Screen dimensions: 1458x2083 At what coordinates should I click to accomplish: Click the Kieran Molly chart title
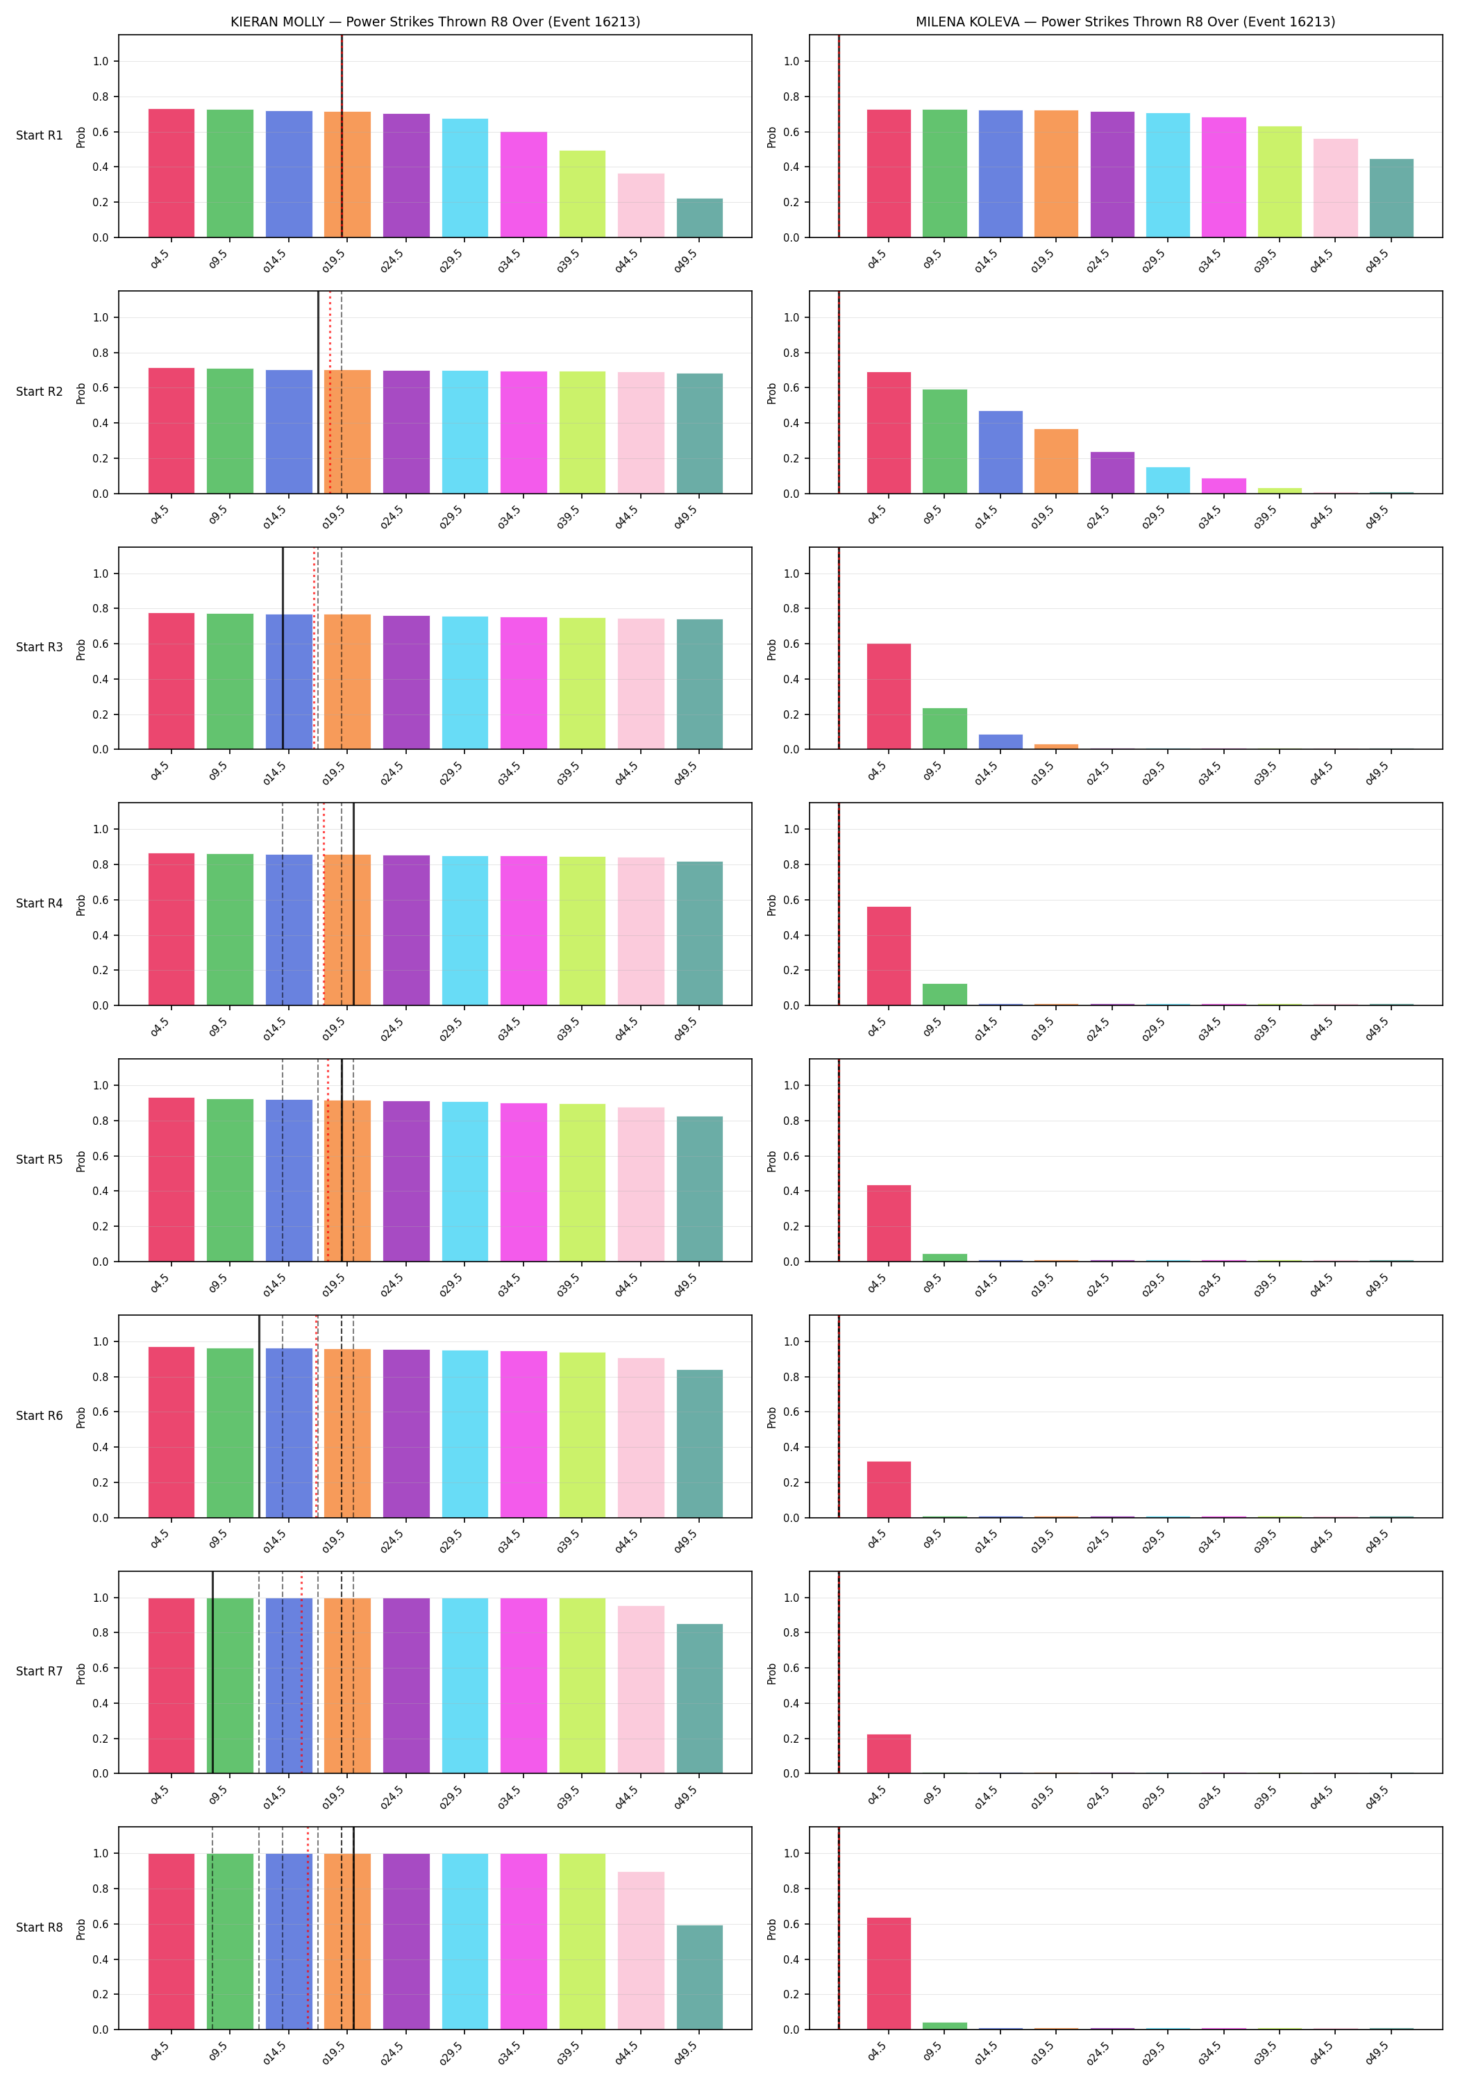pos(435,22)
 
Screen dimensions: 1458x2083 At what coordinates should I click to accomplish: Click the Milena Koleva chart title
pos(1125,22)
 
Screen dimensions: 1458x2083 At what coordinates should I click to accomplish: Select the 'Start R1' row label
pos(39,135)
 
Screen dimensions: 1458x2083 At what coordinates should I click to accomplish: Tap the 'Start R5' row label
pos(39,1160)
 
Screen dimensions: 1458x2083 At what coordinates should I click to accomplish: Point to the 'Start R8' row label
pos(39,1927)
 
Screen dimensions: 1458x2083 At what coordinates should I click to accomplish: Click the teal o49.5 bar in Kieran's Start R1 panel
pos(700,218)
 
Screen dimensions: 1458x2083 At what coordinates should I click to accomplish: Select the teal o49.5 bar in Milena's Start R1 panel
pos(1391,199)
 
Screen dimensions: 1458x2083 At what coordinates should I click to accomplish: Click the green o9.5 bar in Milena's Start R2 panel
pos(944,442)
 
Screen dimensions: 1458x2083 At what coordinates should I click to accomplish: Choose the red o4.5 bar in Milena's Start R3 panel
pos(889,696)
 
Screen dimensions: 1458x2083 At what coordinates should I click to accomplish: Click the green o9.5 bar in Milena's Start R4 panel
pos(944,994)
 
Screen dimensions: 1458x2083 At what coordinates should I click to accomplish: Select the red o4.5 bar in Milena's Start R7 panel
pos(889,1754)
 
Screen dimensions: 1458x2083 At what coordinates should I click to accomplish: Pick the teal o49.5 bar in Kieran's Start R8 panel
pos(700,1977)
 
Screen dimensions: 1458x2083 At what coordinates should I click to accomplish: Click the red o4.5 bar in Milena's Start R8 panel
pos(889,1973)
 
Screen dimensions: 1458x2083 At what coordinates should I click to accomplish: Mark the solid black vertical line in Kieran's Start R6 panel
pos(260,1416)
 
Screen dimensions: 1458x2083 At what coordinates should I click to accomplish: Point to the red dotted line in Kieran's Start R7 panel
pos(302,1672)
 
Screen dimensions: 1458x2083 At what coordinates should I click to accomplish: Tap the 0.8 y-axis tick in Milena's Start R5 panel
pos(791,1121)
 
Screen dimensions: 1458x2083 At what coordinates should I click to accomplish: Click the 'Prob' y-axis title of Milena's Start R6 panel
pos(772,1417)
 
